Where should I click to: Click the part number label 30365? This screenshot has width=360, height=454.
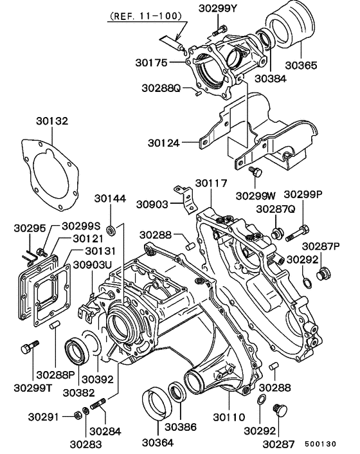[301, 65]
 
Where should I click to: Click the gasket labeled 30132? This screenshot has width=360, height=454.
[50, 174]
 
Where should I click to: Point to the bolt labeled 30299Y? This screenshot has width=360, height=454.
[221, 30]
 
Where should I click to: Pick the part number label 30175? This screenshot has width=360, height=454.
[151, 62]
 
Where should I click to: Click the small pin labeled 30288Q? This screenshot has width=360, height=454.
[197, 93]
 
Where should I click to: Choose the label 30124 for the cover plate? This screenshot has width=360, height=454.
[163, 143]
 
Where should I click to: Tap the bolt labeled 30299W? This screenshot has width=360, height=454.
[255, 172]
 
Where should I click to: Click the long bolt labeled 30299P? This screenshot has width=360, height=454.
[297, 233]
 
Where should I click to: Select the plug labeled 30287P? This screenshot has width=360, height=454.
[324, 273]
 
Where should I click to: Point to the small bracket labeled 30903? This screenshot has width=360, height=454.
[187, 200]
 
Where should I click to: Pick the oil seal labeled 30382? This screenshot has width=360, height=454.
[77, 352]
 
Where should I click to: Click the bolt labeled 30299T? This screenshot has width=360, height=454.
[30, 347]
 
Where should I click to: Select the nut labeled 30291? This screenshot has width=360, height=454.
[77, 415]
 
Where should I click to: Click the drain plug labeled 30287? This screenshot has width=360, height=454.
[280, 410]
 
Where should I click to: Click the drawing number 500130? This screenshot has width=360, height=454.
[320, 444]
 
